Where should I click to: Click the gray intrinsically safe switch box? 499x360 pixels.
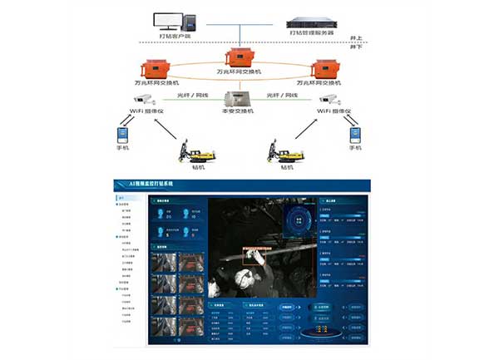(x=239, y=97)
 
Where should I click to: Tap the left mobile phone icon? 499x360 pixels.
(x=123, y=134)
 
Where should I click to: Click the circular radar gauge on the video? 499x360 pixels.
(x=298, y=220)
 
